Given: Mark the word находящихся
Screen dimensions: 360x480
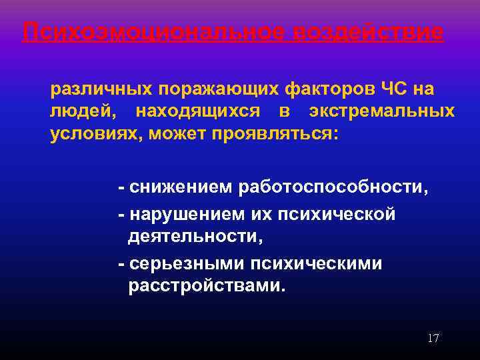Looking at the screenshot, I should pos(194,111).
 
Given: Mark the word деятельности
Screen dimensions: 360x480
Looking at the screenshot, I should pos(193,236).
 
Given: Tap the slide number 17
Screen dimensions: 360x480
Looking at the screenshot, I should pos(433,339).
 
